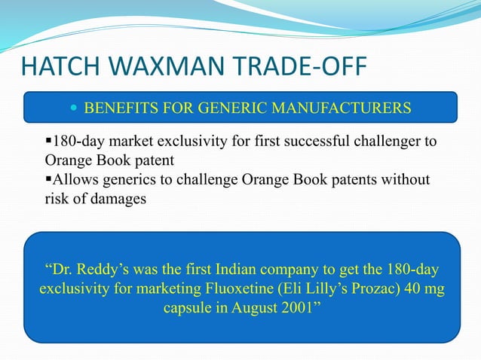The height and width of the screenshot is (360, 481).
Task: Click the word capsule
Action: [187, 308]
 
